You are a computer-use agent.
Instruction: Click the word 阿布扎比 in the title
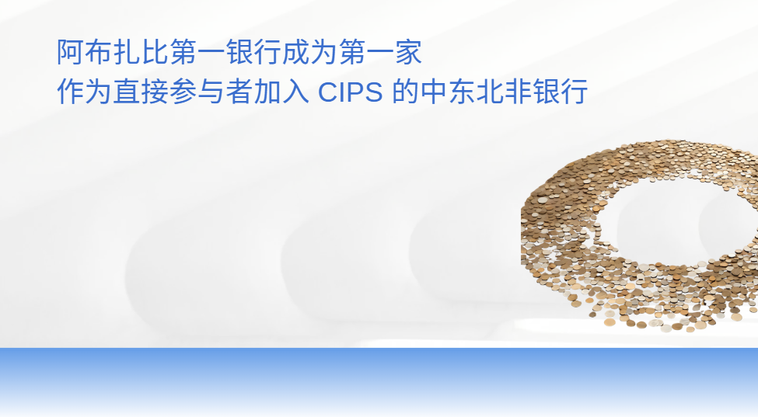(114, 52)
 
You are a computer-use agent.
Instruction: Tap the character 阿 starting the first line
(71, 52)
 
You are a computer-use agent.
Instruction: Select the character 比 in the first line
(155, 52)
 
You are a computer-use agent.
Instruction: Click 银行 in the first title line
(254, 52)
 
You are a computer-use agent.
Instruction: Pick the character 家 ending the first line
(409, 52)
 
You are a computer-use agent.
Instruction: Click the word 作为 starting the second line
(85, 91)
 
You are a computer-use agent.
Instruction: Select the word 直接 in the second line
(141, 91)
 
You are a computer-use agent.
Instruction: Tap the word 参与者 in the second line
(211, 91)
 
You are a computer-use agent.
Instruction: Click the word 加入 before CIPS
(281, 91)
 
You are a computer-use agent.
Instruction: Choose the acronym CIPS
(350, 92)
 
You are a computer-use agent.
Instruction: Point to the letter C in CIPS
(327, 92)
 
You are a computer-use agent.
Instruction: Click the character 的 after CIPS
(405, 91)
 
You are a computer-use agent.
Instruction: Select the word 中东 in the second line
(448, 91)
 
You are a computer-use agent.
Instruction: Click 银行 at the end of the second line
(561, 91)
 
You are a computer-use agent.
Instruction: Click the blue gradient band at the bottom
(379, 381)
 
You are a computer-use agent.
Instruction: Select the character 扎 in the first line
(127, 52)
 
